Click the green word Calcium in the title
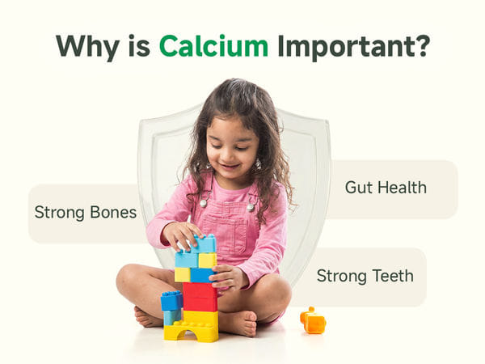pyautogui.click(x=213, y=46)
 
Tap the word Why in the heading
pyautogui.click(x=87, y=48)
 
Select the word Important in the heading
pyautogui.click(x=343, y=47)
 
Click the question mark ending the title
pyautogui.click(x=420, y=45)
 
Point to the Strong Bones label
pyautogui.click(x=86, y=213)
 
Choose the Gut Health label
pyautogui.click(x=386, y=188)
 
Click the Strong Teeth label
pyautogui.click(x=365, y=276)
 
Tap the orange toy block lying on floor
pyautogui.click(x=313, y=320)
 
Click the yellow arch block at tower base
pyautogui.click(x=191, y=332)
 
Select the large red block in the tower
pyautogui.click(x=200, y=297)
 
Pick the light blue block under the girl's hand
pyautogui.click(x=204, y=244)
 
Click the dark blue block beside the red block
pyautogui.click(x=171, y=300)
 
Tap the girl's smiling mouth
pyautogui.click(x=230, y=167)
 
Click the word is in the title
pyautogui.click(x=139, y=46)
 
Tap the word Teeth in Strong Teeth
pyautogui.click(x=393, y=276)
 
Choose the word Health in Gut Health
pyautogui.click(x=402, y=188)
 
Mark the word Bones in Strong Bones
pyautogui.click(x=113, y=212)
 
